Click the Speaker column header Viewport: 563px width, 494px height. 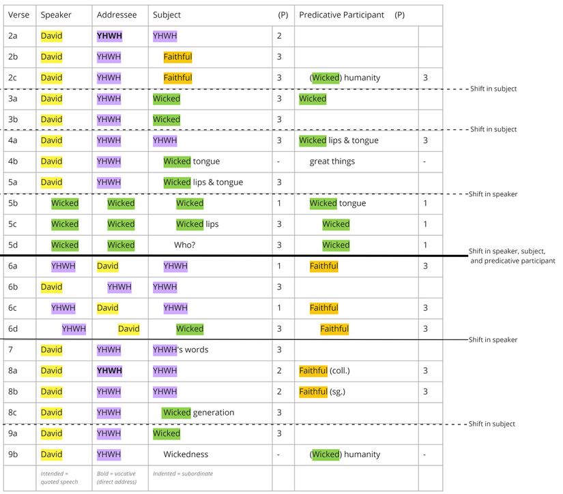coord(56,15)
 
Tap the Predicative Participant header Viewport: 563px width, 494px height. coord(341,15)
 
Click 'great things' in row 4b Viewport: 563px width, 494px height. coord(332,161)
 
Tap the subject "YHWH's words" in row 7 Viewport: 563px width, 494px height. coord(181,350)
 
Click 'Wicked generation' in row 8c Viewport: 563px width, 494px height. coord(199,412)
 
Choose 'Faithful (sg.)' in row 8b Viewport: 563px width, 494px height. coord(323,392)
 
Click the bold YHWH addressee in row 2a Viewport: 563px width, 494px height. coord(109,36)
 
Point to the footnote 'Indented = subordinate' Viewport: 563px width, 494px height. coord(182,474)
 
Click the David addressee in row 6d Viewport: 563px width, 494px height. coord(128,329)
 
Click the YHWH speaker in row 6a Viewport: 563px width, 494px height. coord(63,266)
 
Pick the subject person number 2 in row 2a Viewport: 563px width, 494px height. coord(279,36)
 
